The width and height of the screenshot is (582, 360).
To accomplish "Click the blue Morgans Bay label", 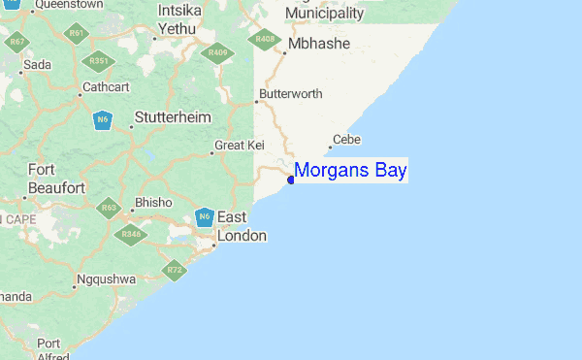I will (x=350, y=171).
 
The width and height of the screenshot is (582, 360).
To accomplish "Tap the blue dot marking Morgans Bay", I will (x=291, y=180).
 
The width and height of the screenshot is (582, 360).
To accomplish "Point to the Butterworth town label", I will (x=291, y=94).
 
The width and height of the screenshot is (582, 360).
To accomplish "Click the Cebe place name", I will (x=346, y=140).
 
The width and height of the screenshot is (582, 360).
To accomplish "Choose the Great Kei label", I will (x=240, y=146).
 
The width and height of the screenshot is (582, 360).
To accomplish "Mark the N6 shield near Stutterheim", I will (x=103, y=120).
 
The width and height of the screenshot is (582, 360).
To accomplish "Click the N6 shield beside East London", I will (x=204, y=217).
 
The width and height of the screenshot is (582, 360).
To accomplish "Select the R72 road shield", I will (x=175, y=271).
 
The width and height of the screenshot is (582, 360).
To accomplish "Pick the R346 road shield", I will (x=129, y=233).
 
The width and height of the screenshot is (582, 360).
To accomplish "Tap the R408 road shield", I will (x=262, y=40).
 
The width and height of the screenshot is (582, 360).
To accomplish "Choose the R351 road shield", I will (x=98, y=61).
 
